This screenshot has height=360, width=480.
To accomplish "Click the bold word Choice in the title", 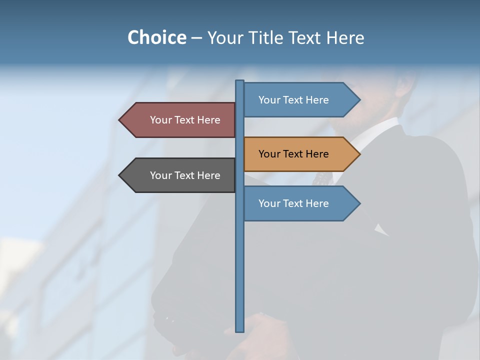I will [x=156, y=37].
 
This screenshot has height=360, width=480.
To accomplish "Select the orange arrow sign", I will [x=300, y=154].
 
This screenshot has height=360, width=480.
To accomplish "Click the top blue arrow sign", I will [x=300, y=100].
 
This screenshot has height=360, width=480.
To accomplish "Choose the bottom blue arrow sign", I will [x=300, y=203].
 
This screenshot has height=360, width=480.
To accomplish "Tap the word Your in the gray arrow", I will [x=160, y=175].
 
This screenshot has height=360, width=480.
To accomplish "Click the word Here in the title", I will [x=345, y=37].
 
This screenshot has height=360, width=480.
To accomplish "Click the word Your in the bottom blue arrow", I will [x=269, y=203].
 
